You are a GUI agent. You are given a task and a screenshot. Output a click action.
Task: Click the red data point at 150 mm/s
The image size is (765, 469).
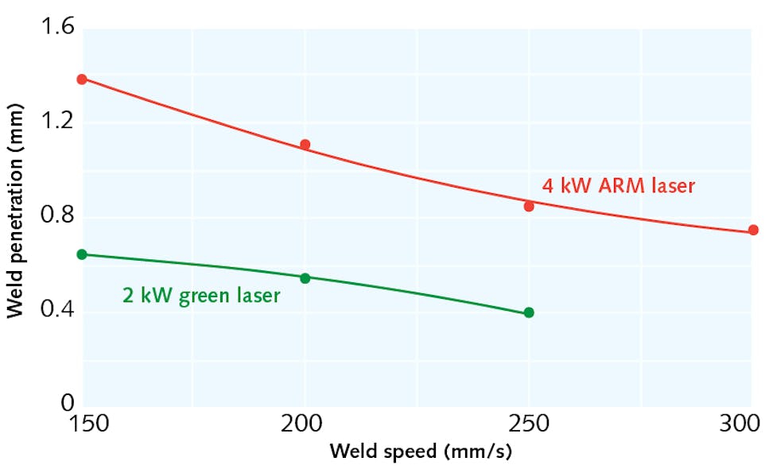click(x=82, y=79)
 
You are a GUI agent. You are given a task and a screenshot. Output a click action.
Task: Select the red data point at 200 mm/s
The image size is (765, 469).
click(x=305, y=145)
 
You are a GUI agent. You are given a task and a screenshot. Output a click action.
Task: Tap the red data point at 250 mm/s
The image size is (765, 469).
click(x=529, y=206)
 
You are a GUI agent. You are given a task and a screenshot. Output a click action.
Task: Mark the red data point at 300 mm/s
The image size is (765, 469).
click(x=752, y=231)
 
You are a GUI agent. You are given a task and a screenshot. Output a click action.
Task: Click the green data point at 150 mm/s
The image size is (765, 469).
click(x=82, y=254)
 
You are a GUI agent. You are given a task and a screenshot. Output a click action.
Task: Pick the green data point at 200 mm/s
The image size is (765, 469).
click(x=305, y=277)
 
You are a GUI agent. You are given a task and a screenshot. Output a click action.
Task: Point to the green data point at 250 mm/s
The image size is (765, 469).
click(x=529, y=312)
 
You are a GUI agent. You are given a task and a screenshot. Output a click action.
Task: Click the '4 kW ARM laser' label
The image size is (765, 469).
click(x=618, y=186)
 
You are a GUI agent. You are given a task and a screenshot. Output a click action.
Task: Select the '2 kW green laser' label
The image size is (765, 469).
click(x=200, y=296)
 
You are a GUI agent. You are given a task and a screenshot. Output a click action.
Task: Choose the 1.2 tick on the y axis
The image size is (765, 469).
click(x=55, y=122)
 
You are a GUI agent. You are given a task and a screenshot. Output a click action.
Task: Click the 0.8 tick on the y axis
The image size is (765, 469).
click(x=55, y=217)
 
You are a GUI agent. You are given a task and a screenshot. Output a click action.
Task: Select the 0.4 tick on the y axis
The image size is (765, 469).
click(x=55, y=311)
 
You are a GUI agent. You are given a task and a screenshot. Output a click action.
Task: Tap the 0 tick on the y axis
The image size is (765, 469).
click(x=66, y=405)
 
